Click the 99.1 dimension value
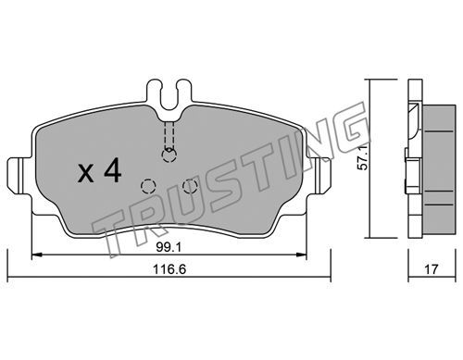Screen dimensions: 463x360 coord(169,247)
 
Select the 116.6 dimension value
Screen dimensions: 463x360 coord(169,269)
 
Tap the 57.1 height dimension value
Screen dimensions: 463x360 coord(363,157)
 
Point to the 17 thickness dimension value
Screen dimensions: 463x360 coord(432,269)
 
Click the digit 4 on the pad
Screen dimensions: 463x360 coord(113,170)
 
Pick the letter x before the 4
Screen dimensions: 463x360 coord(86,173)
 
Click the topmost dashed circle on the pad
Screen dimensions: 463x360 coord(169,155)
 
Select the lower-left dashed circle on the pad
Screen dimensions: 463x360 coord(148,186)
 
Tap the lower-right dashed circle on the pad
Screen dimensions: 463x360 coord(190,186)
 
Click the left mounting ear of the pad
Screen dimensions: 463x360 coord(19,176)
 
